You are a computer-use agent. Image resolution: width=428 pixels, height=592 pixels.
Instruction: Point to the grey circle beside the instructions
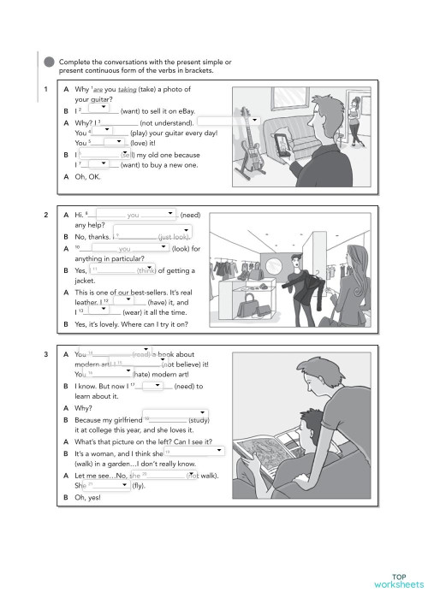[49, 62]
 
